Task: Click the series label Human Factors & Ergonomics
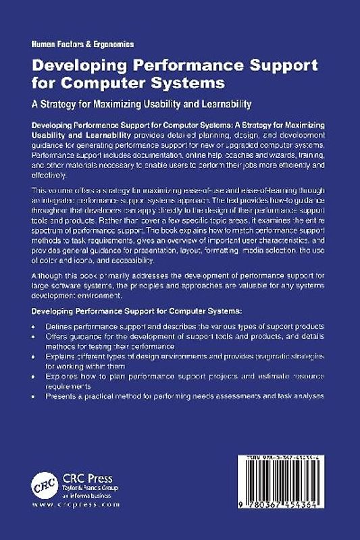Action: [82, 43]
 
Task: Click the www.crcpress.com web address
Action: [76, 504]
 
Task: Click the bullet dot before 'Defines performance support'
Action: [36, 326]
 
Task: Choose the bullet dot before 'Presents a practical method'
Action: [36, 396]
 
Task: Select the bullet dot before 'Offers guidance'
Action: [36, 336]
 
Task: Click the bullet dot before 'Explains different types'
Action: [36, 355]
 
